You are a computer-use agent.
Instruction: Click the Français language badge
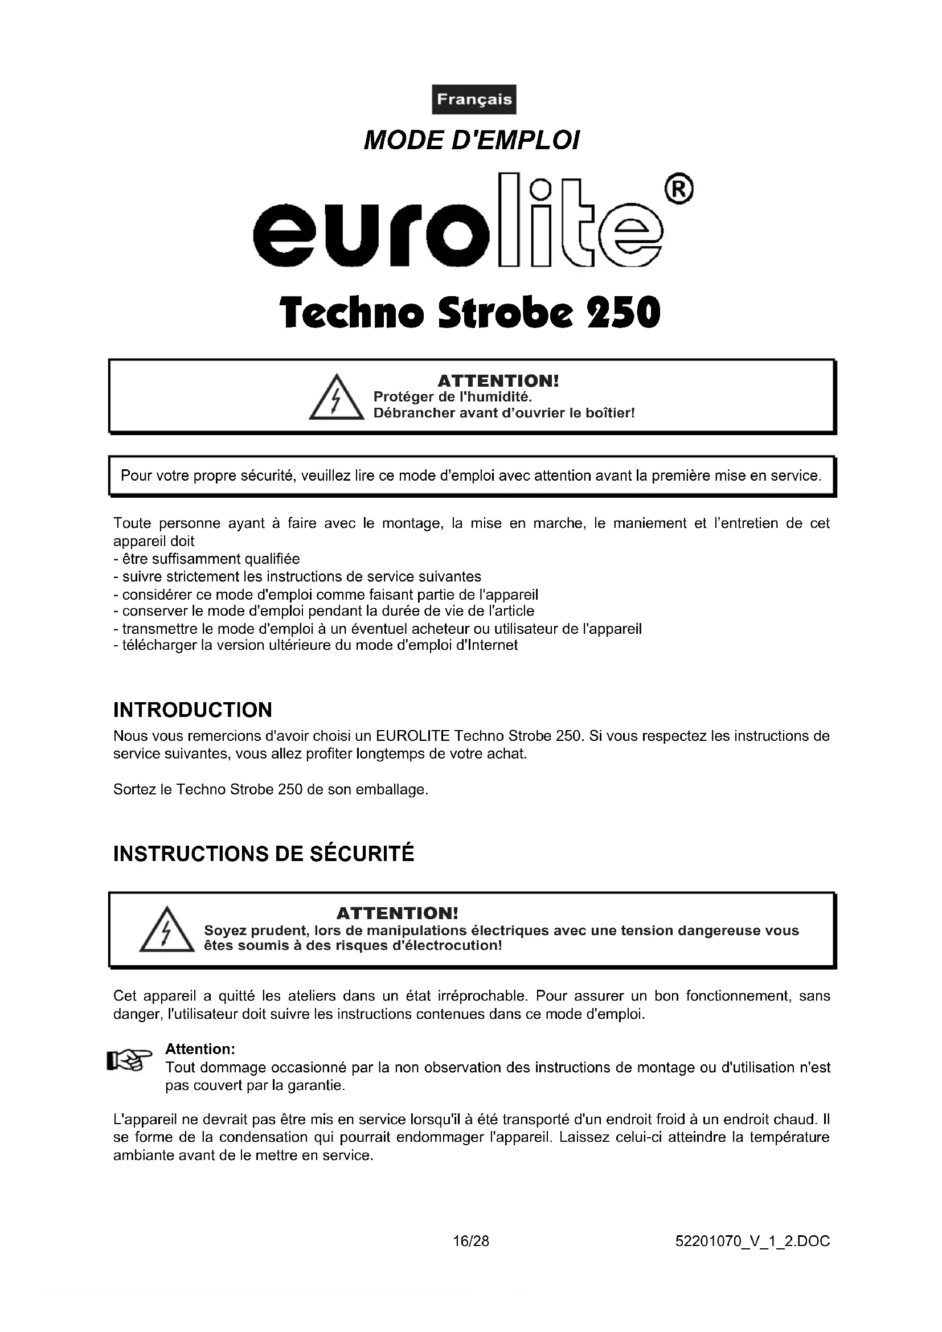[474, 99]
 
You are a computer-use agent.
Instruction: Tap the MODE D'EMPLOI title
[471, 141]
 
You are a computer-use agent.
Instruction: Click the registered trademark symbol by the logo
[679, 190]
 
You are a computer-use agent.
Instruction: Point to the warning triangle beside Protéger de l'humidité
[336, 398]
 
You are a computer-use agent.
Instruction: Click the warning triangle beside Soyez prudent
[166, 930]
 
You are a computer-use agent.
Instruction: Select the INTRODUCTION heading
[193, 710]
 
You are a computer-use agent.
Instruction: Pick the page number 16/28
[471, 1241]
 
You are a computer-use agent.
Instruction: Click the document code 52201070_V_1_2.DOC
[752, 1241]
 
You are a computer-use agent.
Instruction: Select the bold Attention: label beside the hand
[200, 1049]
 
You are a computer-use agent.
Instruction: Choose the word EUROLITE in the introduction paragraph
[413, 736]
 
